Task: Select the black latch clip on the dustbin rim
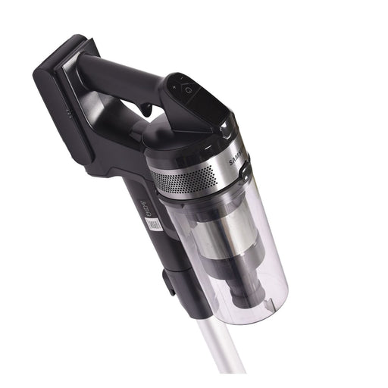pyautogui.click(x=245, y=174)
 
